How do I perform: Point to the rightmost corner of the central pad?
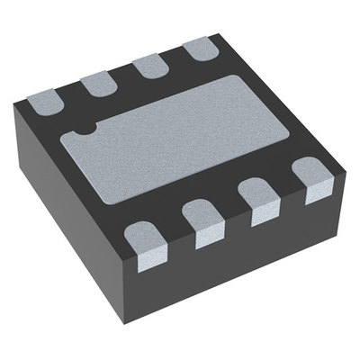click(x=291, y=130)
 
